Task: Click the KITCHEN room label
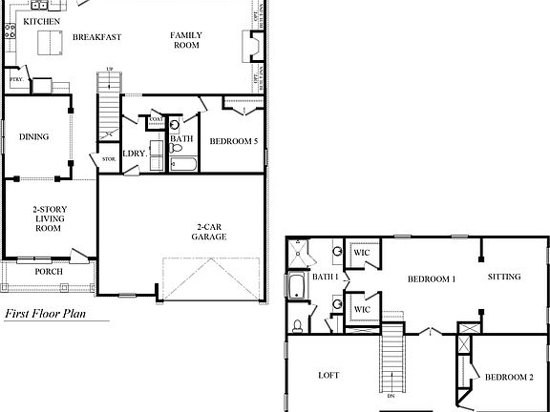click(41, 20)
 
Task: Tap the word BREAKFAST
click(95, 37)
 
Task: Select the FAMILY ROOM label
click(185, 39)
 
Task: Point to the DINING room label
click(33, 136)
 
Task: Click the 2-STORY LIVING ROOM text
click(48, 218)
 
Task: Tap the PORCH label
click(48, 272)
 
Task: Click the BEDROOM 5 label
click(233, 141)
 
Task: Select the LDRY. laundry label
click(134, 152)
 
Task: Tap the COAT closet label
click(156, 120)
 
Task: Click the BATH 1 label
click(323, 277)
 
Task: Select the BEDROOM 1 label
click(431, 278)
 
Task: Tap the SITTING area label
click(503, 277)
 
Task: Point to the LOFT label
click(328, 376)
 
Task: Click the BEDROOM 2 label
click(509, 378)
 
